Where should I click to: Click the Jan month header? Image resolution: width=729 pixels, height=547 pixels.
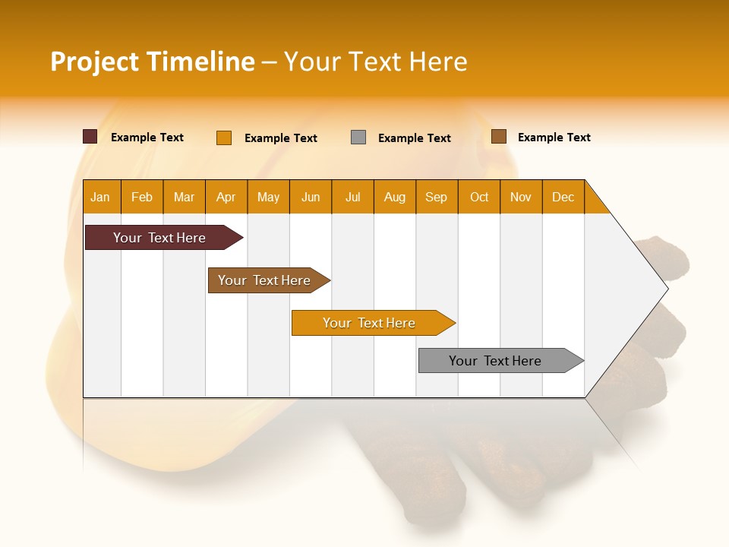100,197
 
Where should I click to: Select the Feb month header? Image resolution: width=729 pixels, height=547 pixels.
142,197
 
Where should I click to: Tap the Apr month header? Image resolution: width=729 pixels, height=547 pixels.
226,197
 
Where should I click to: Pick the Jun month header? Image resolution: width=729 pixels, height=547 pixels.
311,197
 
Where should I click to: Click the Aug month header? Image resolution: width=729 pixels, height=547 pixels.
395,197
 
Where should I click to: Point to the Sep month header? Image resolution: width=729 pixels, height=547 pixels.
437,197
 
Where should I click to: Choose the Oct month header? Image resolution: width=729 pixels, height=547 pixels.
479,197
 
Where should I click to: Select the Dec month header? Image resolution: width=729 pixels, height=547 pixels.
563,197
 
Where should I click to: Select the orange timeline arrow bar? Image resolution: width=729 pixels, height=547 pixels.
370,323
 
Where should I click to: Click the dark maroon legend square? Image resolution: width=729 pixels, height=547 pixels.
90,137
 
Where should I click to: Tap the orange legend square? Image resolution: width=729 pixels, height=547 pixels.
224,138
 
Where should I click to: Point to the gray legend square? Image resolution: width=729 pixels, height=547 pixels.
358,138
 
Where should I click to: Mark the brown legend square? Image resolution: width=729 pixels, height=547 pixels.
498,137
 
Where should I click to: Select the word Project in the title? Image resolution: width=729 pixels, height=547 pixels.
95,62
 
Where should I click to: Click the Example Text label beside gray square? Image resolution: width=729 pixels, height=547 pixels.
415,138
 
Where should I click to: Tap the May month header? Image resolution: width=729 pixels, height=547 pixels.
268,197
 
